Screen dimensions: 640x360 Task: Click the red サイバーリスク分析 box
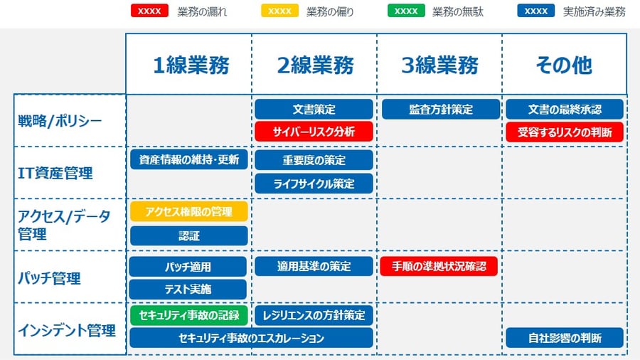click(x=314, y=132)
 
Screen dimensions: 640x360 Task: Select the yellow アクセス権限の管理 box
click(x=189, y=211)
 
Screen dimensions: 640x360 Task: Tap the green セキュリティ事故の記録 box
click(x=189, y=315)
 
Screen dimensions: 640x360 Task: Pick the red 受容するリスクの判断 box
click(x=565, y=132)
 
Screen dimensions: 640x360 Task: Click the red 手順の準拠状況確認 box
click(x=439, y=266)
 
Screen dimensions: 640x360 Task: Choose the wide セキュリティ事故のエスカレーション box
click(x=252, y=338)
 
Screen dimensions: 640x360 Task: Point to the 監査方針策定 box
click(x=441, y=110)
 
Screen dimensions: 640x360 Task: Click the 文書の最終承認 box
click(x=565, y=110)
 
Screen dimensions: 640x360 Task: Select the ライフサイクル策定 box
click(x=314, y=184)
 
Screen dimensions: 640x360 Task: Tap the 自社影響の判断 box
click(x=565, y=338)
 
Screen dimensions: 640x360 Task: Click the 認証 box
click(x=189, y=235)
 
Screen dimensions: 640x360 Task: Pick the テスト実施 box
click(x=188, y=289)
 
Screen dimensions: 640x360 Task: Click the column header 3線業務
click(x=439, y=65)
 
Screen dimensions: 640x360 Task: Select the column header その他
click(x=564, y=65)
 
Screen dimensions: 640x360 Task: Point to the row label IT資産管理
click(x=55, y=173)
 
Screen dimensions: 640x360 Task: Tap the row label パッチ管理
click(x=49, y=278)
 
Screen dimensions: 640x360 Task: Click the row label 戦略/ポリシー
click(x=60, y=121)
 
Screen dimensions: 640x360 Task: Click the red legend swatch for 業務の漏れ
click(x=149, y=11)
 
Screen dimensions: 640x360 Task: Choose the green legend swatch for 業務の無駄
click(x=406, y=11)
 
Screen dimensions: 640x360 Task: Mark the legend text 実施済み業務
click(x=594, y=12)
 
